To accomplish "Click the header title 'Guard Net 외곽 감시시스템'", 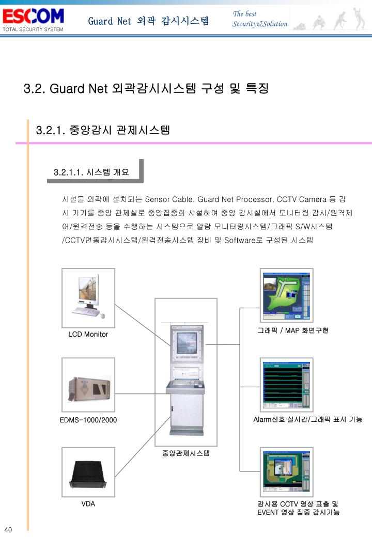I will [x=148, y=21].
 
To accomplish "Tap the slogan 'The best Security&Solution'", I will [x=259, y=19].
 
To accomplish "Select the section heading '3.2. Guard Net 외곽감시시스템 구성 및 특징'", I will [x=146, y=88].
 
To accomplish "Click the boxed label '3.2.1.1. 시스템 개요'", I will [x=91, y=172].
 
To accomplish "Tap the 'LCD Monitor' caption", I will [x=88, y=334].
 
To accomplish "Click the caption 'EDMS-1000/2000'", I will [x=88, y=420].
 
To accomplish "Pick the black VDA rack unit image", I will [x=88, y=472].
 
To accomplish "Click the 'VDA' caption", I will [x=88, y=503].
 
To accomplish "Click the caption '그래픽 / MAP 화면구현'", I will [x=293, y=330].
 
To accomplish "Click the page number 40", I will [x=8, y=530].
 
